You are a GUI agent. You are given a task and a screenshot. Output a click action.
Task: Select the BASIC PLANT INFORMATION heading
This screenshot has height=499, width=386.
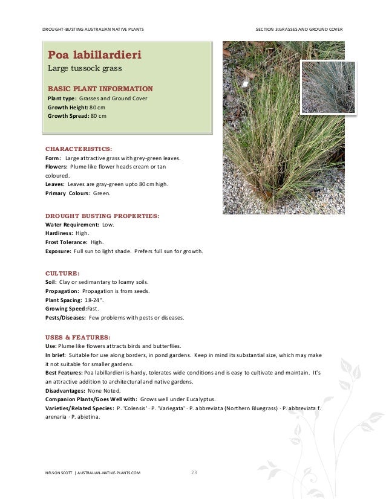coord(100,88)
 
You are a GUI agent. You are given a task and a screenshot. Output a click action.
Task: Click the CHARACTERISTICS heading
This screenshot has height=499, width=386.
coord(79,147)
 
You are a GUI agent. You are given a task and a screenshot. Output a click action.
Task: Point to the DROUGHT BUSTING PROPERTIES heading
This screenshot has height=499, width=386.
coord(102,214)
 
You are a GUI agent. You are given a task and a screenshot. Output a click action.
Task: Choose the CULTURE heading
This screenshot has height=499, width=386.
coord(62,272)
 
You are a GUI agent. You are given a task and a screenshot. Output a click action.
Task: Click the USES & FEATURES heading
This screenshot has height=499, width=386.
coord(78,336)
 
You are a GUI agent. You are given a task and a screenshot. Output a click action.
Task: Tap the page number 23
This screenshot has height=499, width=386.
coord(194,472)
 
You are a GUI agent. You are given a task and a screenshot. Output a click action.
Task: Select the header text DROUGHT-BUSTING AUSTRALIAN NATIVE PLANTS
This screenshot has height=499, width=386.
coord(94,30)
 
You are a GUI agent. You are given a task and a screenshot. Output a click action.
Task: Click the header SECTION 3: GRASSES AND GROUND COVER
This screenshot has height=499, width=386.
coord(299,30)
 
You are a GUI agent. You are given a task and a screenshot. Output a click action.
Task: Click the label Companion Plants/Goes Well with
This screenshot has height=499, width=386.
coord(91,399)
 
